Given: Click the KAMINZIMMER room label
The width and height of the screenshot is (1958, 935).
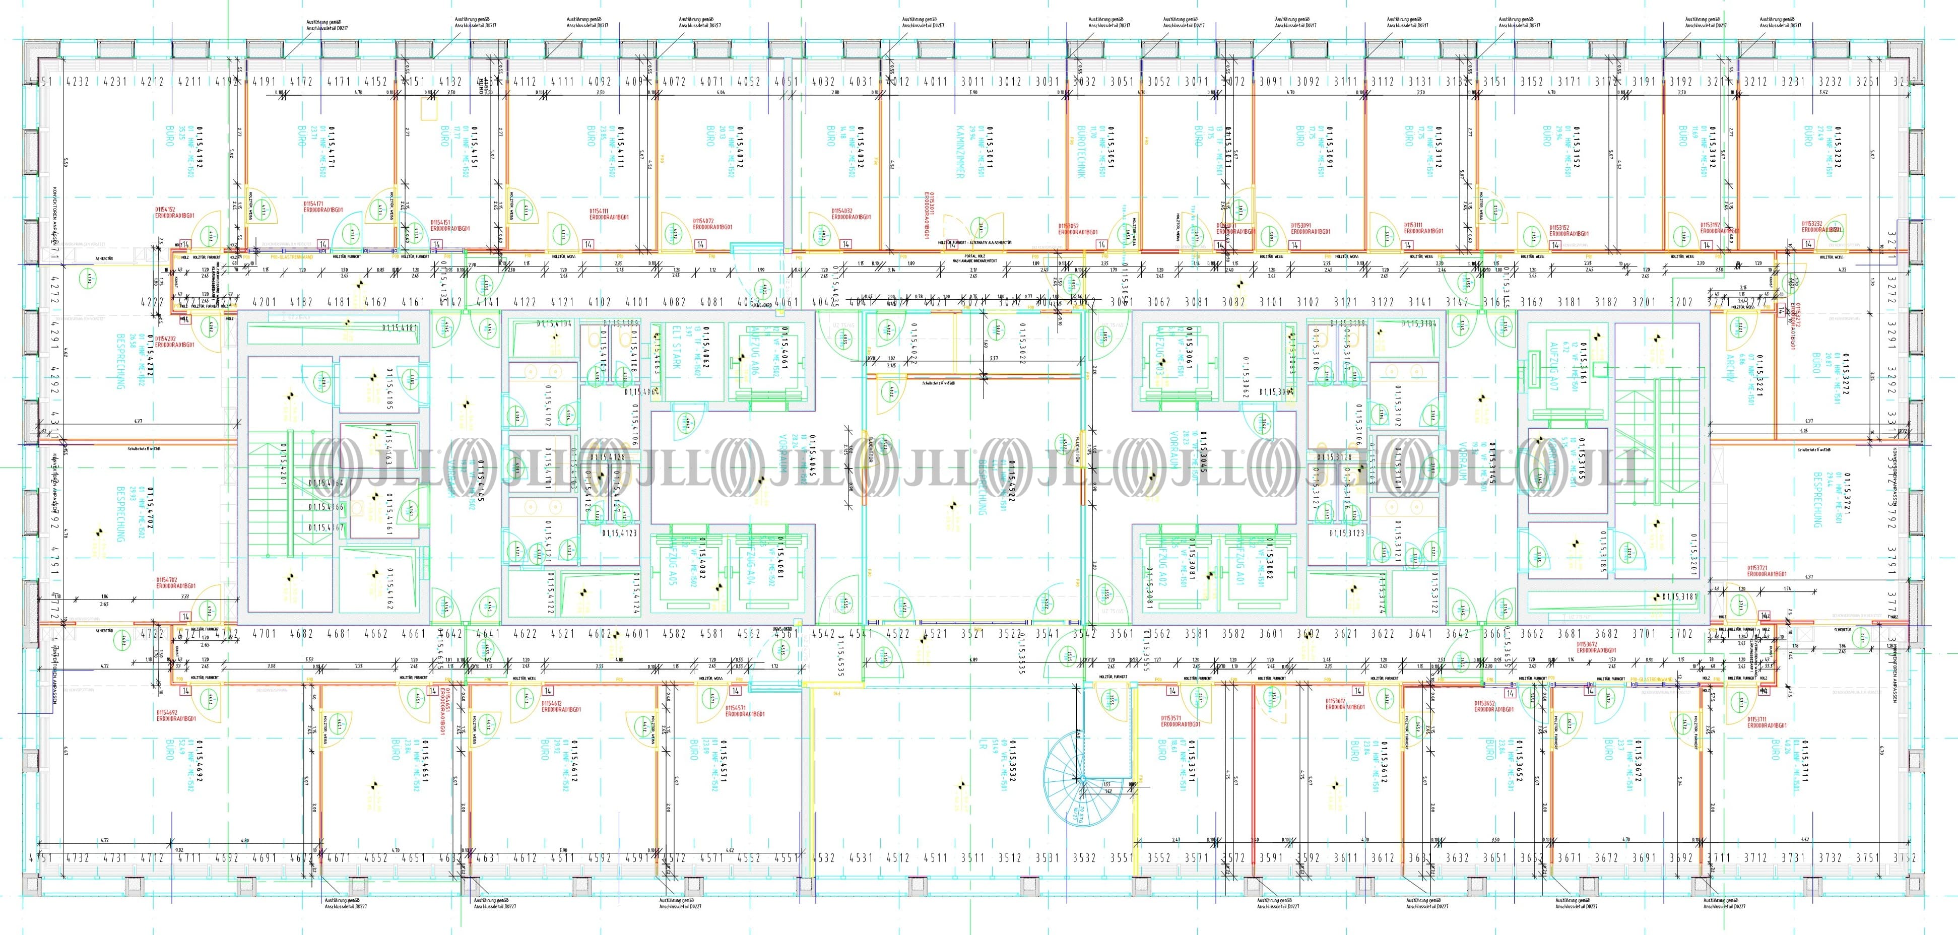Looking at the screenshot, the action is pyautogui.click(x=960, y=152).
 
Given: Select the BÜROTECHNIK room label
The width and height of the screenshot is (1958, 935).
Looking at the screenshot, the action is pyautogui.click(x=1082, y=152).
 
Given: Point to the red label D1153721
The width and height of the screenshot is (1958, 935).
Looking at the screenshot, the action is pyautogui.click(x=1766, y=571).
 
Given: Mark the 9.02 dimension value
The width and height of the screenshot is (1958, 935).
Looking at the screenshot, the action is pyautogui.click(x=179, y=850).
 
